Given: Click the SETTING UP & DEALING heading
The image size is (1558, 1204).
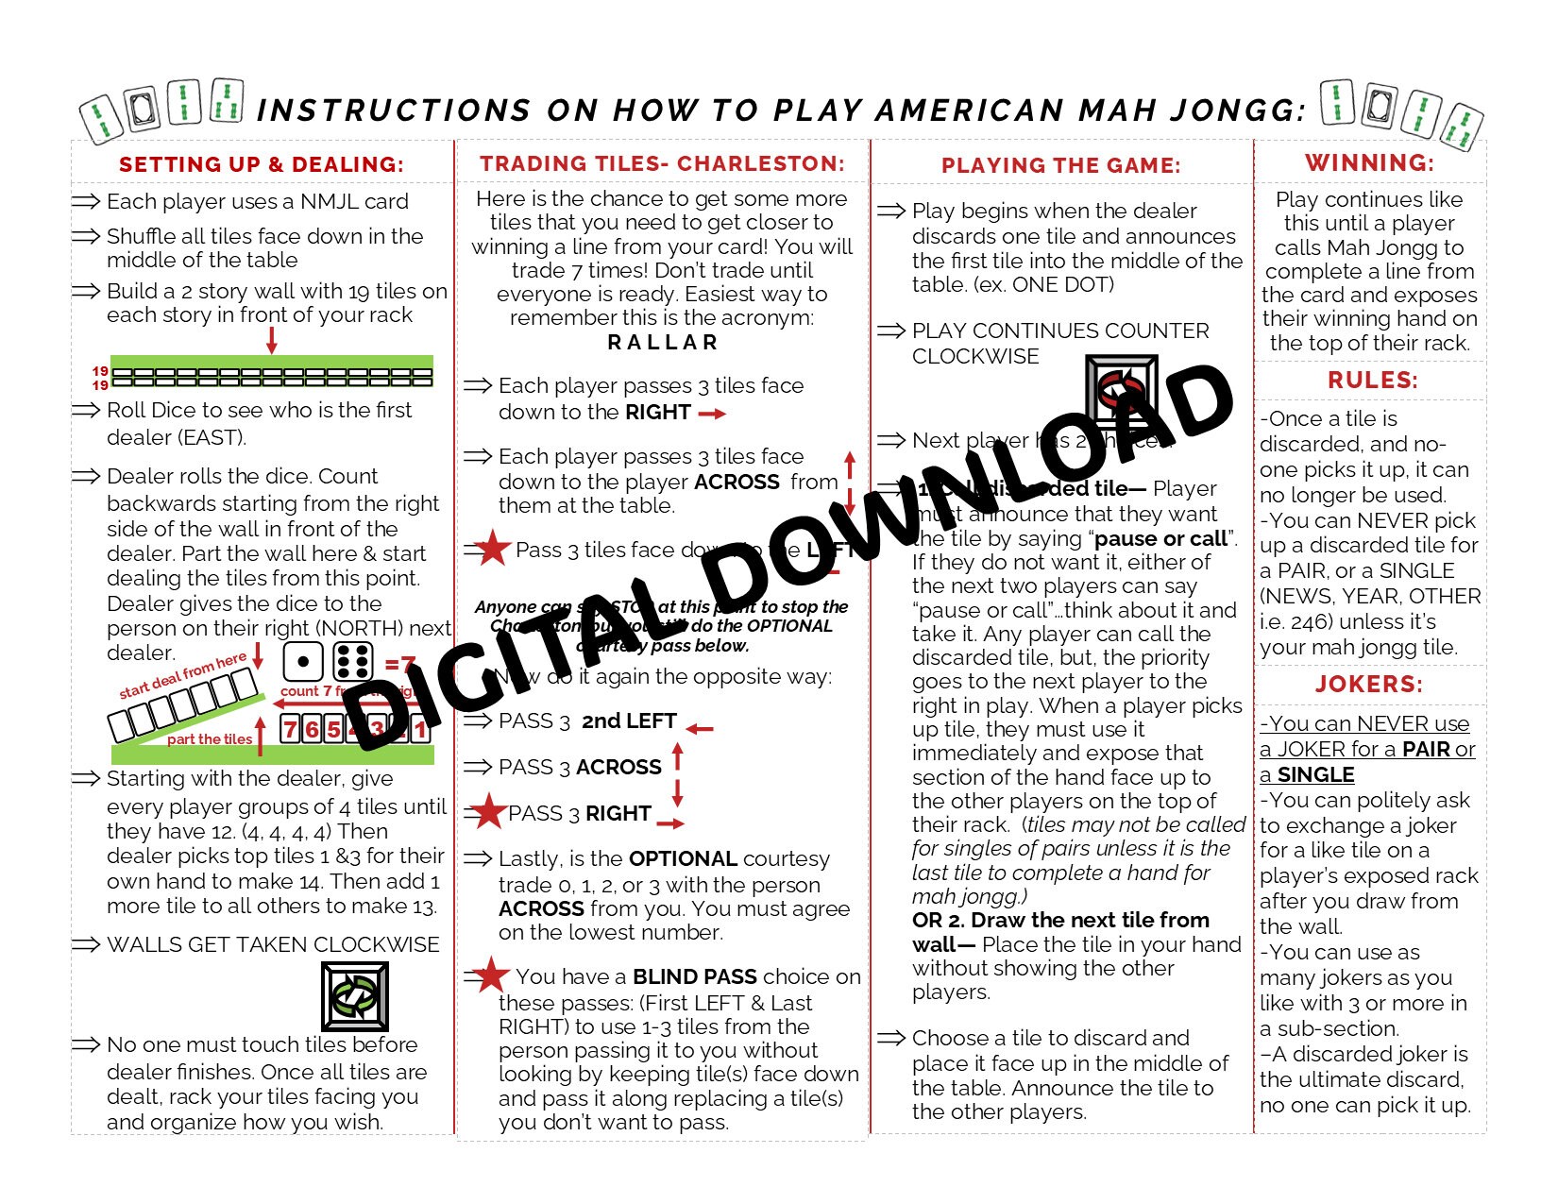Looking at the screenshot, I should (x=261, y=164).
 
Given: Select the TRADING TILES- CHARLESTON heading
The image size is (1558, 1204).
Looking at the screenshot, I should (x=662, y=163).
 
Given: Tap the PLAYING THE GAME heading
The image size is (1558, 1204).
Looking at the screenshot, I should (x=1060, y=165).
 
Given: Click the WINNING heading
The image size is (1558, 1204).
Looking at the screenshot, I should (x=1369, y=162).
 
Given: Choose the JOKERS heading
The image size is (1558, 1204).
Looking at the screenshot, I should (x=1369, y=685).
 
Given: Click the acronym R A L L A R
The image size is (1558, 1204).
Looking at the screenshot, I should (x=663, y=342).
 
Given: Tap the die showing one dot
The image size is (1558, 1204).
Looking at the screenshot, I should (x=302, y=662).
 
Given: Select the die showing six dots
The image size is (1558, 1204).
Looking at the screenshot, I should (x=353, y=662).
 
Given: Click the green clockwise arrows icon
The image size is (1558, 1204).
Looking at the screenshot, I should (x=355, y=996).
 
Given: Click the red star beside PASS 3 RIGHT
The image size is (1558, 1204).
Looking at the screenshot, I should (x=488, y=811).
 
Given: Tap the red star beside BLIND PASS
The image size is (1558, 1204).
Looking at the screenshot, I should (x=491, y=975).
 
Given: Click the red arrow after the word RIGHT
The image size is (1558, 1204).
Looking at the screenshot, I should (x=712, y=414).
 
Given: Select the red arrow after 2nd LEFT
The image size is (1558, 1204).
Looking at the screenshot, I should (x=700, y=728).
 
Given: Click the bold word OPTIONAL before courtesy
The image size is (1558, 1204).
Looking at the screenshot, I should (x=683, y=858).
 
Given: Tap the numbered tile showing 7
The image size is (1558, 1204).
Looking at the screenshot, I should (x=290, y=729).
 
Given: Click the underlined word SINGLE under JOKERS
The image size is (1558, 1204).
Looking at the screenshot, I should (x=1315, y=774).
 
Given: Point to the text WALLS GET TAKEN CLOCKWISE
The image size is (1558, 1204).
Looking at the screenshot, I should (x=273, y=944).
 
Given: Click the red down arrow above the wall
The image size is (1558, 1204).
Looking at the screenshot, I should (x=272, y=339).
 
